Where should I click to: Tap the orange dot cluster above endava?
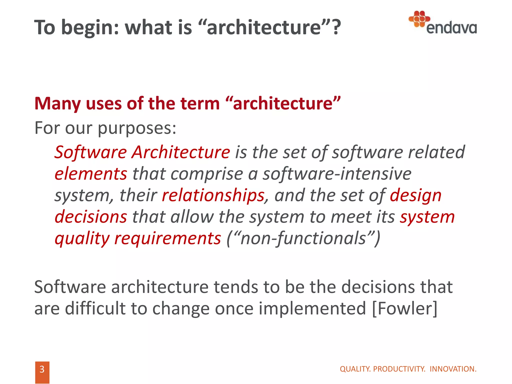coord(419,18)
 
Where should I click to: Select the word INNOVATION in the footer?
coord(453,369)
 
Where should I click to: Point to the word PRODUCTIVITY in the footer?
coord(399,369)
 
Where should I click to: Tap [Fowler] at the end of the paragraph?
coord(405,308)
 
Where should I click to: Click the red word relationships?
coord(213,195)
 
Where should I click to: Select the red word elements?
coord(91,174)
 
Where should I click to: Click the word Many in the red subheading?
coord(57,103)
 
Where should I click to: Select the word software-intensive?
coord(337,174)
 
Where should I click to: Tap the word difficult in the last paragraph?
coord(95,308)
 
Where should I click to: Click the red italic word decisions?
coord(91,217)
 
